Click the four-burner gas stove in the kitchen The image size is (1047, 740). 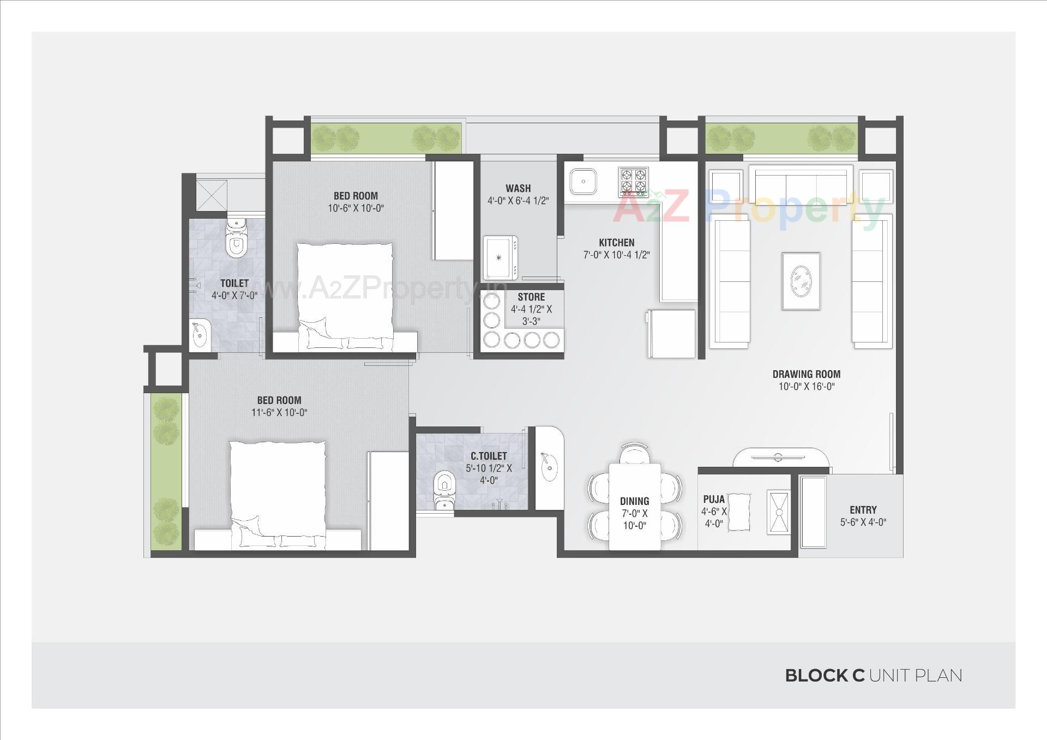634,182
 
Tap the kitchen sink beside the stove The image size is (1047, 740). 583,181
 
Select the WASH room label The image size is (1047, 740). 518,188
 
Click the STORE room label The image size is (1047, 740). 531,297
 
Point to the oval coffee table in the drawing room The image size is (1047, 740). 801,281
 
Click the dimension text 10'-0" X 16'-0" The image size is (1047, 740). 807,387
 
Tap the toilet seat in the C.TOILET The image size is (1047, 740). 444,486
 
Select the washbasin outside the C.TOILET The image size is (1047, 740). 549,467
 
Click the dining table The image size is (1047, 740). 634,506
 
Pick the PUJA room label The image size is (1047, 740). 714,499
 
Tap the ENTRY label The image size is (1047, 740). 863,510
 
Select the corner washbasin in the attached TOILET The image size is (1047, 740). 200,334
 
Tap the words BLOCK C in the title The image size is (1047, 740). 825,676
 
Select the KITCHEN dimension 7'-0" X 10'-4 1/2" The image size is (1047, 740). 616,255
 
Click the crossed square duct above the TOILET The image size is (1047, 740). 212,194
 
